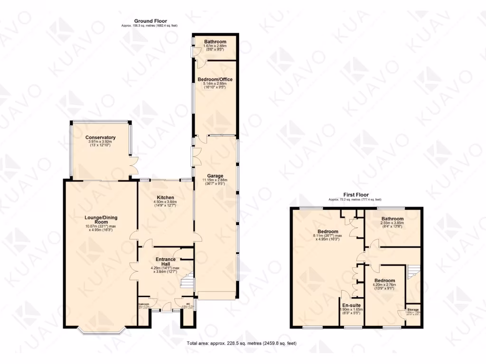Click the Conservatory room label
click(101, 137)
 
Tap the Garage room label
click(215, 176)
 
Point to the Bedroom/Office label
click(215, 79)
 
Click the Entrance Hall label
click(166, 262)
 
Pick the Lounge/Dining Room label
click(101, 220)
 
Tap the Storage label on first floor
click(412, 309)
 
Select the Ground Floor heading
click(150, 20)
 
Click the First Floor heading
click(355, 195)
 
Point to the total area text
click(242, 343)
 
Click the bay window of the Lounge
click(101, 329)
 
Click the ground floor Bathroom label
click(215, 42)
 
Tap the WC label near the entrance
click(188, 304)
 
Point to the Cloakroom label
click(144, 304)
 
